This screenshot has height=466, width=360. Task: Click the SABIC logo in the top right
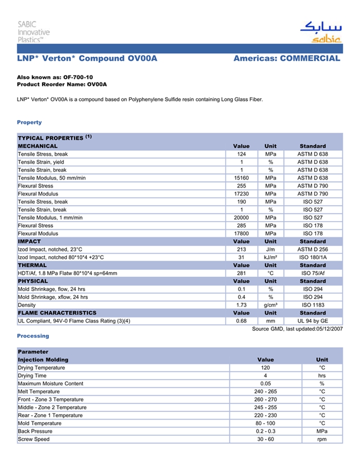point(320,32)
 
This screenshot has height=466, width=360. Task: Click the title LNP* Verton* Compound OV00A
point(87,59)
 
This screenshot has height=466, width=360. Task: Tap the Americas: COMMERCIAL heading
point(286,59)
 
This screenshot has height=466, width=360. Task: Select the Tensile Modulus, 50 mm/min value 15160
point(241,178)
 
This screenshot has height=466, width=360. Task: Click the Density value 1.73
point(241,305)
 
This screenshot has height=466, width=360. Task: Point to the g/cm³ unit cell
point(271,305)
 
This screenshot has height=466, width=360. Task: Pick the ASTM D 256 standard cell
point(313,249)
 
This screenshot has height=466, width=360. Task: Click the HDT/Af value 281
point(241,273)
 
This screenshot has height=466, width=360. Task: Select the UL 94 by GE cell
point(313,321)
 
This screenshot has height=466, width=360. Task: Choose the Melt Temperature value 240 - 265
point(265,391)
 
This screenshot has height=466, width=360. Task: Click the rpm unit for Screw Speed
point(322,439)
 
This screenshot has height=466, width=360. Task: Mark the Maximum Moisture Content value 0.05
point(265,384)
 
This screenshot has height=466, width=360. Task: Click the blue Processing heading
point(33,336)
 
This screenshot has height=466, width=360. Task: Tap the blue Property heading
point(29,122)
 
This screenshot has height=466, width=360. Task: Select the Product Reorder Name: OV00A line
point(62,84)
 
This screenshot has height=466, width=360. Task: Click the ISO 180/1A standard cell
point(313,257)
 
